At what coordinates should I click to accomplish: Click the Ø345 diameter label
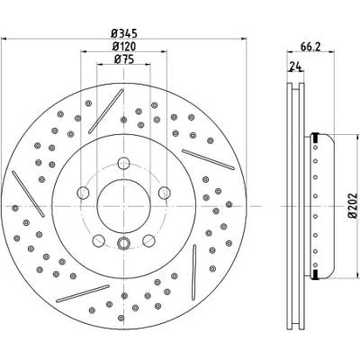124,33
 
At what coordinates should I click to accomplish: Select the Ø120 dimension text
124,47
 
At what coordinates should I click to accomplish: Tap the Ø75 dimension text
124,59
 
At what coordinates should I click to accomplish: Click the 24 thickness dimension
294,67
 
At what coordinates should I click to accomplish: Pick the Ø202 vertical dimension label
353,206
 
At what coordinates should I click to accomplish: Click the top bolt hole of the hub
123,163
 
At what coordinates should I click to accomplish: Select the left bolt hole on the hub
83,193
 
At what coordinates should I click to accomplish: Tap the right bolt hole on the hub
165,193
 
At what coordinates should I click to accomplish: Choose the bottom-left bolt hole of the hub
99,240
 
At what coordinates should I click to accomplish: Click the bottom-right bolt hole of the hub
148,240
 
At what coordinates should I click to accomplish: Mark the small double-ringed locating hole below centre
123,243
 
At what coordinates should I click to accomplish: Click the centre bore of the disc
123,206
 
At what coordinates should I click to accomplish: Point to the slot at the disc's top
106,111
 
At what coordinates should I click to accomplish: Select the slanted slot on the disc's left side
28,193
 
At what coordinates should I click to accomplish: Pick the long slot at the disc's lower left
83,293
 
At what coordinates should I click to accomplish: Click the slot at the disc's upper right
208,159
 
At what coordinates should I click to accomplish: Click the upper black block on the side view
315,138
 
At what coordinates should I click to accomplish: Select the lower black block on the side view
315,274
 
